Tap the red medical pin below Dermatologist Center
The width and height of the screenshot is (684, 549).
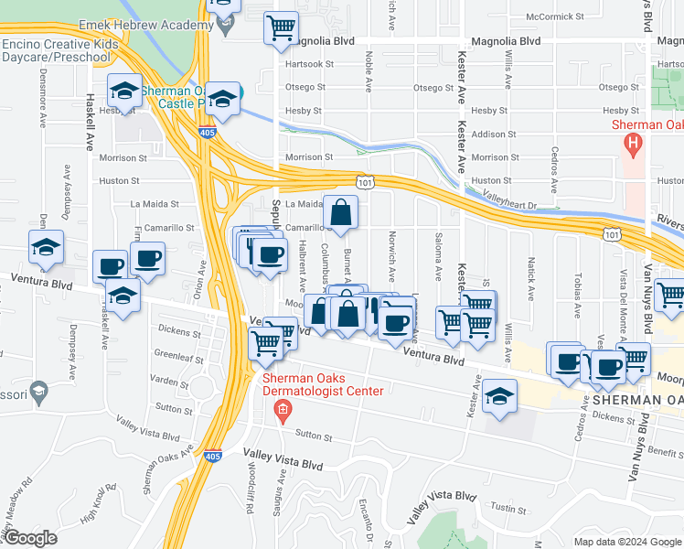tap(283, 410)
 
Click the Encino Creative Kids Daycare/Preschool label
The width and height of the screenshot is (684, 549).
tap(60, 50)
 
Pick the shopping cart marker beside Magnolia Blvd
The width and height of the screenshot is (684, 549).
tap(282, 28)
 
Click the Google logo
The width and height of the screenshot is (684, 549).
tap(30, 538)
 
